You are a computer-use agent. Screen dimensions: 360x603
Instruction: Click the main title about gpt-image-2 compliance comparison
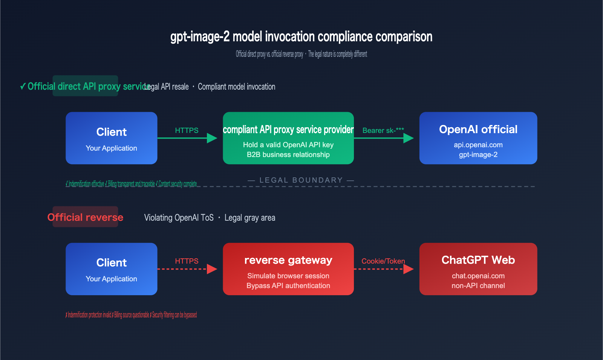tap(301, 37)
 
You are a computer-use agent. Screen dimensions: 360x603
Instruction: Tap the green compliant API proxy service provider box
tap(288, 138)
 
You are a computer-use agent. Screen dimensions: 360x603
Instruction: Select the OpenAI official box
tap(478, 138)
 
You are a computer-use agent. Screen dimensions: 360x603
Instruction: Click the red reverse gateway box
tap(288, 269)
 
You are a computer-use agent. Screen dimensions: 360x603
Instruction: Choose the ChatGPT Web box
tap(478, 269)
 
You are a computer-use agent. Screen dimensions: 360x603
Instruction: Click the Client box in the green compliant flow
tap(111, 138)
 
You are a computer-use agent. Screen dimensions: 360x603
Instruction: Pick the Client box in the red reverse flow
tap(111, 269)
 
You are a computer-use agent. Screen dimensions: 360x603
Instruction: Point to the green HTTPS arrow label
tap(187, 130)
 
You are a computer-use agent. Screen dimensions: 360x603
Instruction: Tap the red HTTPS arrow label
tap(187, 261)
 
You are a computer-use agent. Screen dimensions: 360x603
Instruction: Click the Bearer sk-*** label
tap(383, 130)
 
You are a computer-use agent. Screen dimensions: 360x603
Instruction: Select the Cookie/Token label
tap(383, 261)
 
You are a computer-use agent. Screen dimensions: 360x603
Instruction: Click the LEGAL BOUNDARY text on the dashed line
tap(301, 180)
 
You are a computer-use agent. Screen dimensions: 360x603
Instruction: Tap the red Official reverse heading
tap(85, 217)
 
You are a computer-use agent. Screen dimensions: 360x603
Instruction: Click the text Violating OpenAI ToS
tap(179, 218)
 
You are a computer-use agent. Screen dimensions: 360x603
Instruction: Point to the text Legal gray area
tap(249, 218)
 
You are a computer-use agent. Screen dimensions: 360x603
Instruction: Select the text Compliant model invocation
tap(236, 87)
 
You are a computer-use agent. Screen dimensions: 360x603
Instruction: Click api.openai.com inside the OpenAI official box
tap(478, 145)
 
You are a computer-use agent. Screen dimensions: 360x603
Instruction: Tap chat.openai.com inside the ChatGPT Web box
tap(478, 276)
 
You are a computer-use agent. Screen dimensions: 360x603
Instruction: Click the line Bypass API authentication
tap(288, 286)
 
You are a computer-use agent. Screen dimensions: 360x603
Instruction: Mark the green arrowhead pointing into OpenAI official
tap(408, 138)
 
